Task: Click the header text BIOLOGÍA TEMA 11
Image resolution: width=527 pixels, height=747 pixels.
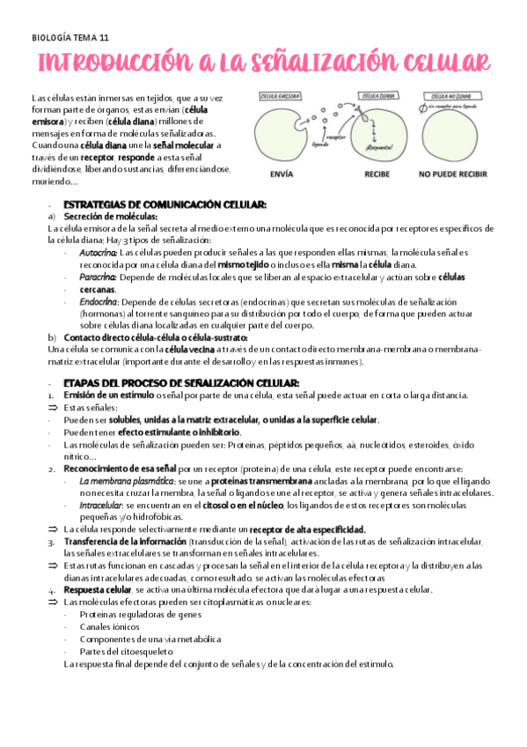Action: pyautogui.click(x=70, y=38)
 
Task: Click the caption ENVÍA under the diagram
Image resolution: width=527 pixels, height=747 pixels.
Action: pyautogui.click(x=282, y=174)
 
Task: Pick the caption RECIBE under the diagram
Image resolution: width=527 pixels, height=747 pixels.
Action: pyautogui.click(x=377, y=174)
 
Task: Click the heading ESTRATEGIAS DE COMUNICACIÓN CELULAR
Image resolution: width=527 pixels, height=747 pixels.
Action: pyautogui.click(x=165, y=204)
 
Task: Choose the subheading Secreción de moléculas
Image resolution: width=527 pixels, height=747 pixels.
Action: pyautogui.click(x=111, y=216)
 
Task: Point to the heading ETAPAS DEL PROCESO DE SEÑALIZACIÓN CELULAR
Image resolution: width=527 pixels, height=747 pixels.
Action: pyautogui.click(x=181, y=383)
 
